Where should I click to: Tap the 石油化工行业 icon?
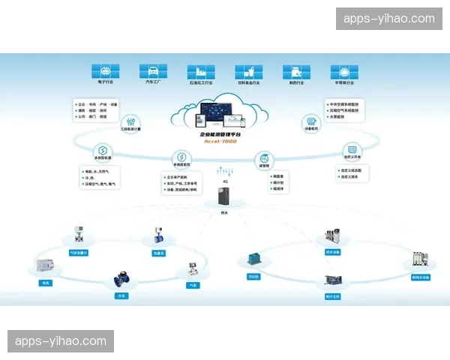(199, 71)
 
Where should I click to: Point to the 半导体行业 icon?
(343, 71)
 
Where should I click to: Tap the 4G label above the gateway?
(225, 181)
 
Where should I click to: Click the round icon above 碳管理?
(262, 159)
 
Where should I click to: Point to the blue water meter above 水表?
(120, 280)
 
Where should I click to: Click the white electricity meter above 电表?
(45, 268)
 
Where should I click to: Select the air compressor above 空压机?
(253, 259)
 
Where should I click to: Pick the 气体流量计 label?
(78, 253)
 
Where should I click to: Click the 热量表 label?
(158, 253)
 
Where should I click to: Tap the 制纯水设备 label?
(420, 277)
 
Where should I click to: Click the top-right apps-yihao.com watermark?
(388, 19)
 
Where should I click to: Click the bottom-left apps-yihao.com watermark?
(60, 341)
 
